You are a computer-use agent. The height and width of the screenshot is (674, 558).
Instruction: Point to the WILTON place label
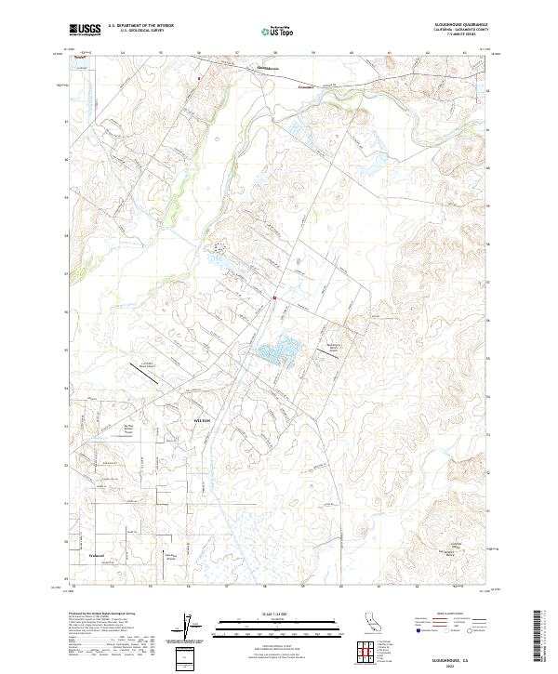click(202, 420)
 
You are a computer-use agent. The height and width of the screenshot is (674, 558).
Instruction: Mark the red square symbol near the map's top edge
click(199, 78)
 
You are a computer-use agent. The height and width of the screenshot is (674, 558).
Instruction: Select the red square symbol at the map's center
click(274, 298)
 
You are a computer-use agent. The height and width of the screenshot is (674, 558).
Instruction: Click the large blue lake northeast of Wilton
click(277, 351)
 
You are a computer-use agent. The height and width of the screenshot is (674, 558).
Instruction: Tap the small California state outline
click(370, 622)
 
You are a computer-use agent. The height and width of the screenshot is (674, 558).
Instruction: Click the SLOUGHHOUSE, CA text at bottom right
click(463, 655)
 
